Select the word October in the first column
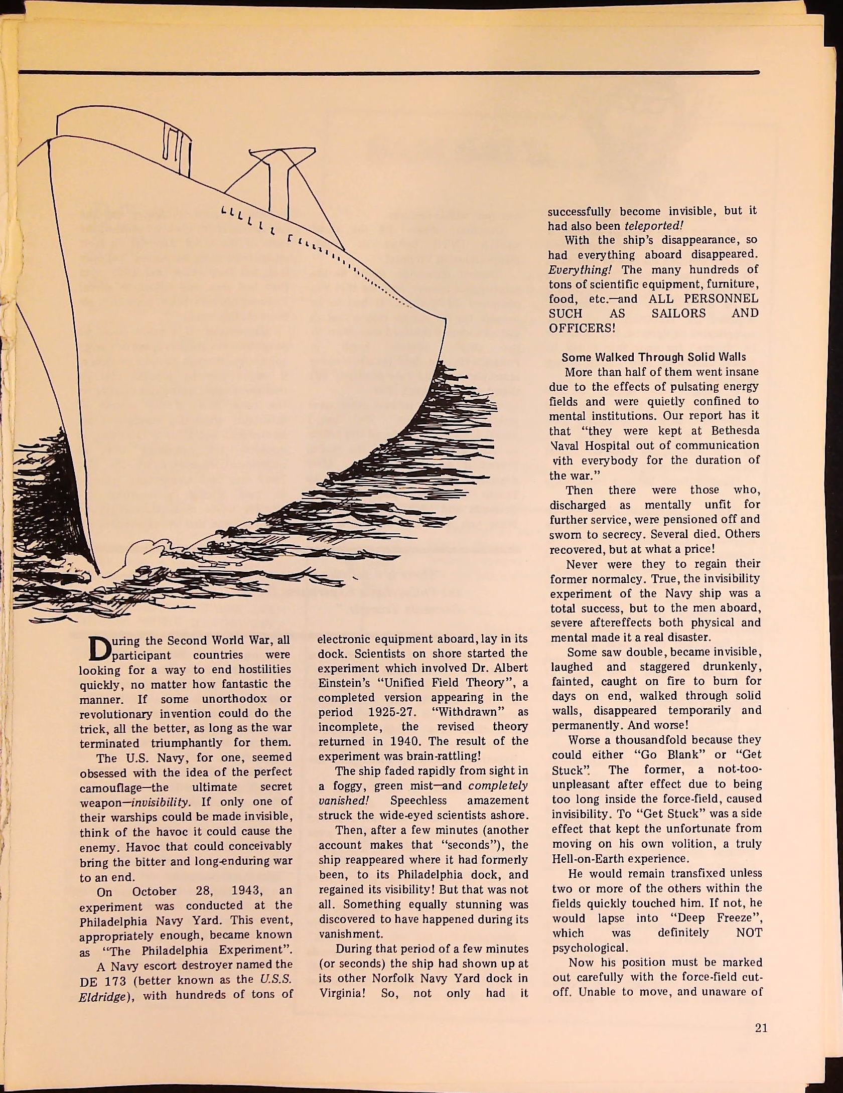coord(154,891)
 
